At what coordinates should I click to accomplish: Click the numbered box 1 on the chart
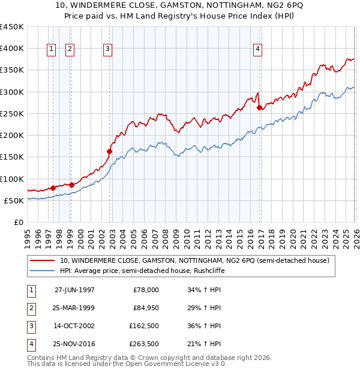(51, 49)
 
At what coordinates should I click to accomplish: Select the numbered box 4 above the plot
(257, 49)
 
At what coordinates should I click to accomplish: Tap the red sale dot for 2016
(259, 108)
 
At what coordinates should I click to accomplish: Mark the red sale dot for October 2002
(110, 151)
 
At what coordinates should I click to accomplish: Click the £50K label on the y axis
(14, 200)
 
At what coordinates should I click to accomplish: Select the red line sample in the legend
(42, 261)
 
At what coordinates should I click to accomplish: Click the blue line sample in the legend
(42, 271)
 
